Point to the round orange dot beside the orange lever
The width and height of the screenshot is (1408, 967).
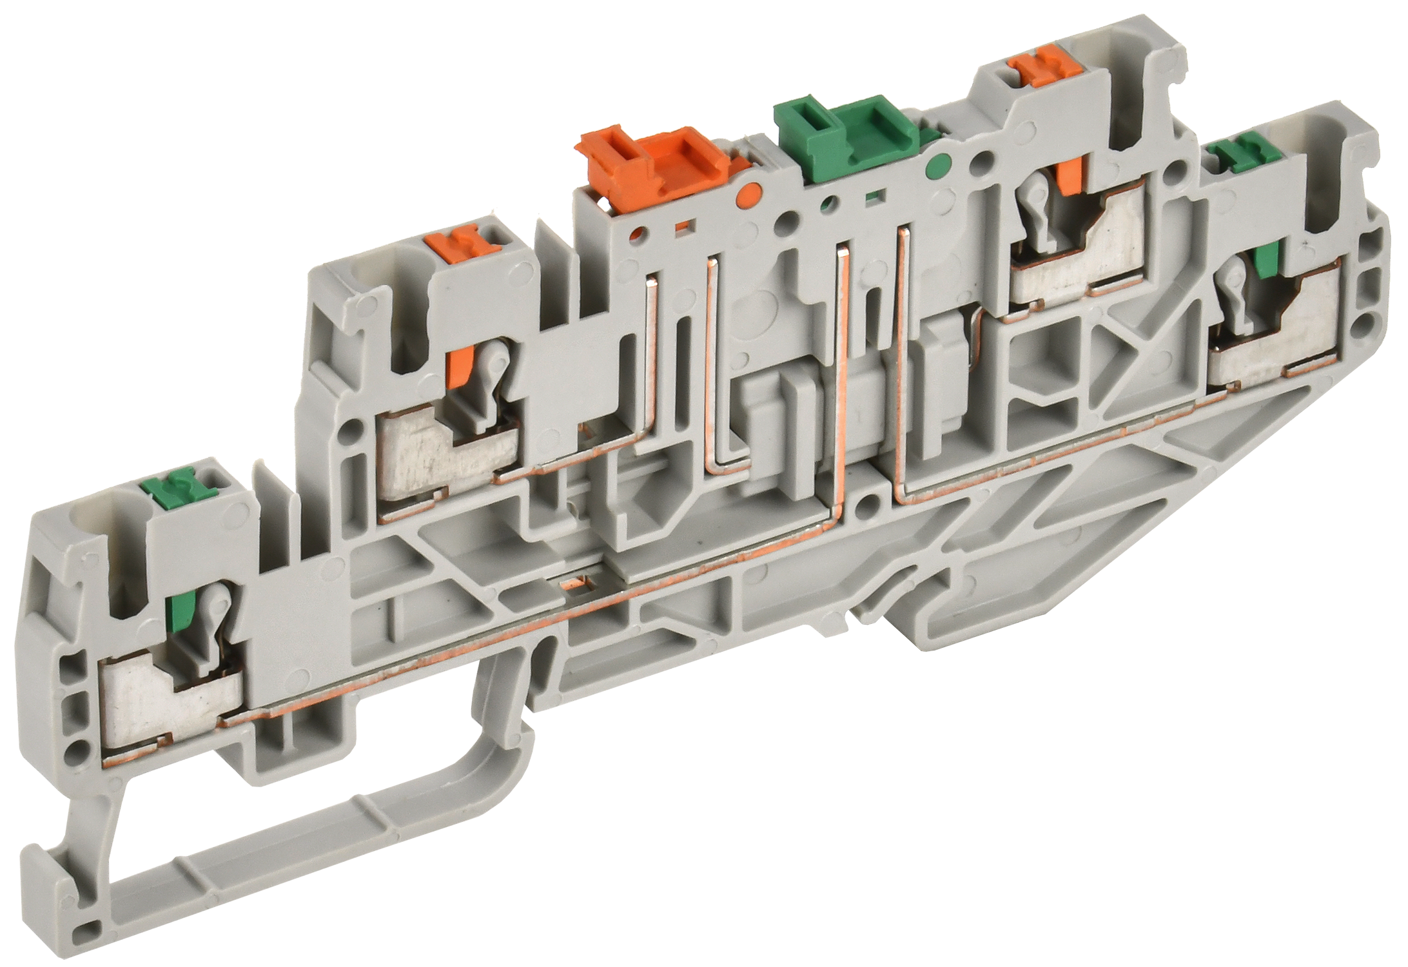pos(750,191)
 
